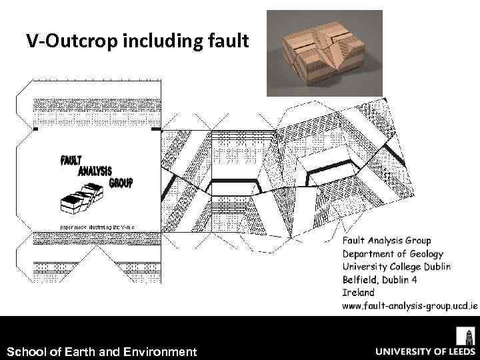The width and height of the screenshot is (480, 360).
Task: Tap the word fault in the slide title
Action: click(x=228, y=42)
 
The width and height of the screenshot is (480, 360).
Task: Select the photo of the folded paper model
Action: click(x=325, y=53)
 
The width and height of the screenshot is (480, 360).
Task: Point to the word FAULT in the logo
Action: click(x=71, y=161)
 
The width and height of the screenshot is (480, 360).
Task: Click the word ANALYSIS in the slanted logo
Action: click(x=95, y=171)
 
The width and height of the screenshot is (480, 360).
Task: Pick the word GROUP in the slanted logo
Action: click(x=121, y=181)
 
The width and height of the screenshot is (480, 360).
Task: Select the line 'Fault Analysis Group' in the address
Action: click(x=387, y=241)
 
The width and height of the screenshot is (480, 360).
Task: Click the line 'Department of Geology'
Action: click(x=393, y=253)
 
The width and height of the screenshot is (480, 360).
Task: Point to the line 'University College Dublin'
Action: click(x=397, y=267)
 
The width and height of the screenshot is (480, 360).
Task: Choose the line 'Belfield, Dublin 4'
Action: click(x=380, y=279)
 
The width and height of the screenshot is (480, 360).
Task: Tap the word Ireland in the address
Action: click(x=358, y=292)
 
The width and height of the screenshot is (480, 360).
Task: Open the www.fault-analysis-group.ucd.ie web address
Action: click(x=409, y=305)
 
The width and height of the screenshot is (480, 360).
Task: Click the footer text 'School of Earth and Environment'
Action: click(x=101, y=351)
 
